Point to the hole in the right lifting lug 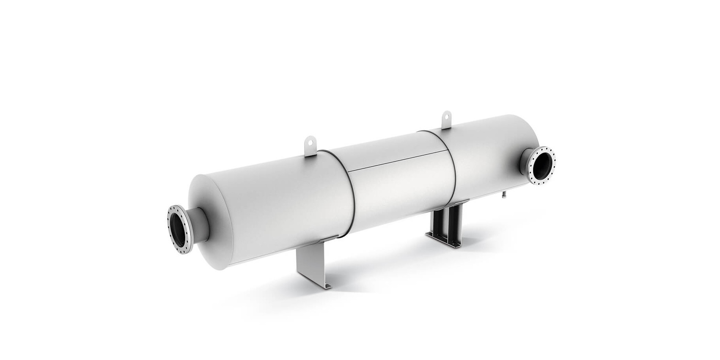coord(446,116)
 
